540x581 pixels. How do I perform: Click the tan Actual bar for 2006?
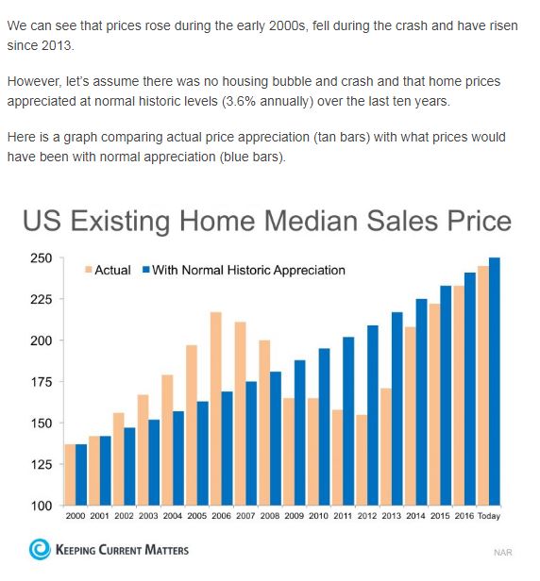[x=216, y=408]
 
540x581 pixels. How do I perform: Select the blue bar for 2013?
[x=397, y=408]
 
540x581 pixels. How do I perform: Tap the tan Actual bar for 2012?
[x=362, y=460]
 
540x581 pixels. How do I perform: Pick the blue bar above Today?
[x=495, y=382]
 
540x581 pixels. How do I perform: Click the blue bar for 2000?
[x=81, y=474]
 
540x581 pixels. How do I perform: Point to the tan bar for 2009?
[x=289, y=452]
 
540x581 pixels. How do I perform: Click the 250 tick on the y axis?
[x=42, y=257]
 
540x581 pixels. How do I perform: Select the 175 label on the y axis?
[x=42, y=382]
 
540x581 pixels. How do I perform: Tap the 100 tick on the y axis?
[x=42, y=506]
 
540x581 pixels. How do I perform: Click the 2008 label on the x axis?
[x=270, y=516]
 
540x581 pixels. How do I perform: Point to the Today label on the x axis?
[x=489, y=516]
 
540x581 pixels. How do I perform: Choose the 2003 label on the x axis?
[x=148, y=516]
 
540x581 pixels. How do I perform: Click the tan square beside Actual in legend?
[x=89, y=270]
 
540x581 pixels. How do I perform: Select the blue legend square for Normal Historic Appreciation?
[x=145, y=270]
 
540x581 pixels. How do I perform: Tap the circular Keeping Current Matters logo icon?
[x=40, y=549]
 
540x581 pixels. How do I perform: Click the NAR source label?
[x=503, y=553]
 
